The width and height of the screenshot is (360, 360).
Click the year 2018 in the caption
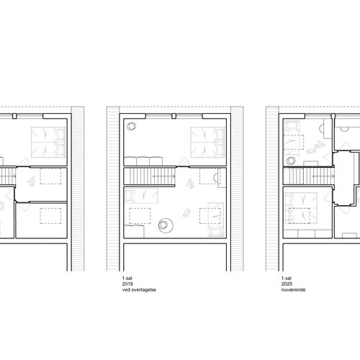point(127,284)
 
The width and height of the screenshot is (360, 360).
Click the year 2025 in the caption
point(287,284)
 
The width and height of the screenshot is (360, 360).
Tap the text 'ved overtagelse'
point(139,289)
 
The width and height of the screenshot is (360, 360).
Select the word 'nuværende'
point(293,289)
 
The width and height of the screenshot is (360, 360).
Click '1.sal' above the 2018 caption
point(127,279)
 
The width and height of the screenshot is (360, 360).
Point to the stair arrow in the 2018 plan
point(164,176)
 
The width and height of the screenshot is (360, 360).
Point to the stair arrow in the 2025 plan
point(323,176)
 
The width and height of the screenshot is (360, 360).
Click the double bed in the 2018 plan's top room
point(208,143)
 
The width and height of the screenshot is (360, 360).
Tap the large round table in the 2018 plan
point(166,225)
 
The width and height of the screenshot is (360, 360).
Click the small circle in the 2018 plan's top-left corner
point(131,126)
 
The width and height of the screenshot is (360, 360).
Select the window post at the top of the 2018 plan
point(174,116)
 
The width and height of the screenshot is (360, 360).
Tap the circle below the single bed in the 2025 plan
point(291,161)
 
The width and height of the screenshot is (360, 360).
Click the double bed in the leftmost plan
point(48,143)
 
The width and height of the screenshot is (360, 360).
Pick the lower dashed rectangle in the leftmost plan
point(50,216)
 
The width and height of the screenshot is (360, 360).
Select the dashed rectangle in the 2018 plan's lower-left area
point(140,216)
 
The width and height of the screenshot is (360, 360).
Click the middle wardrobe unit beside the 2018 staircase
point(143,161)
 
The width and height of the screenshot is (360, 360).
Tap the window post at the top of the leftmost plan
point(14,116)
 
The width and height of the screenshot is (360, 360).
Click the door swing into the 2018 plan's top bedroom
point(184,162)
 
